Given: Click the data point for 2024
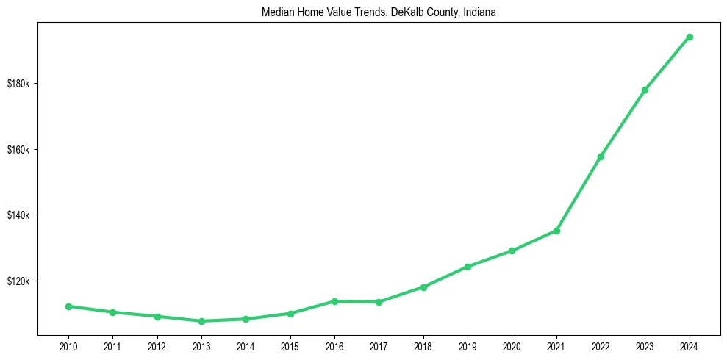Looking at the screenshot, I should [x=690, y=37].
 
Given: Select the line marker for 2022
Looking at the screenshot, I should [x=601, y=156].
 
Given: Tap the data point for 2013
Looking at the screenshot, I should [x=201, y=321].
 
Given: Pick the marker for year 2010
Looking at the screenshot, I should [x=68, y=306].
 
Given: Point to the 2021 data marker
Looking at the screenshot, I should [x=556, y=231].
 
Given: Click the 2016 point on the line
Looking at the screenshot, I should [x=334, y=301].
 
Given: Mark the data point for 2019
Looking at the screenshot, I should [x=468, y=267].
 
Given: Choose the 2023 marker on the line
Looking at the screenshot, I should [x=645, y=90].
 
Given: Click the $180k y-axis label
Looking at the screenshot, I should [x=18, y=84].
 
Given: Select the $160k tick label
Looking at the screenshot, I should [x=18, y=150].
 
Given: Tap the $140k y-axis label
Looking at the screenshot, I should [x=18, y=215].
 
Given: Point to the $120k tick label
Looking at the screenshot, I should [x=18, y=281].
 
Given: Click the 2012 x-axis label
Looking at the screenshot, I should [x=157, y=345].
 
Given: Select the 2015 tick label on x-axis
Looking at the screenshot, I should [x=290, y=345].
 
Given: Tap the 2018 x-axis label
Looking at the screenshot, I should [x=423, y=345].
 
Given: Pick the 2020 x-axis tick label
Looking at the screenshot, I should [x=512, y=345].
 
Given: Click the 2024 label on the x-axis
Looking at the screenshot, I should [x=690, y=345].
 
